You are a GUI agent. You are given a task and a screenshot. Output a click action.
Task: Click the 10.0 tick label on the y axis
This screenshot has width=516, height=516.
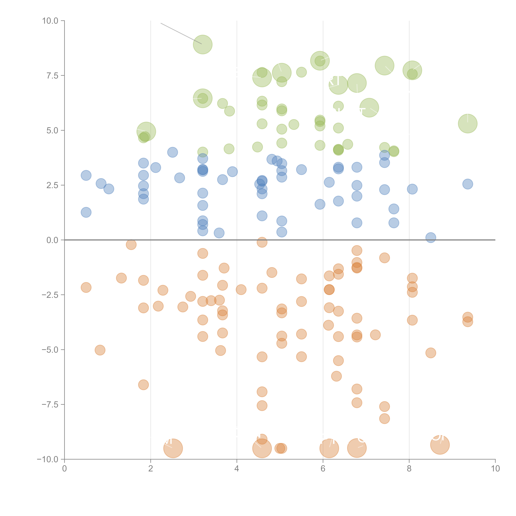coord(50,21)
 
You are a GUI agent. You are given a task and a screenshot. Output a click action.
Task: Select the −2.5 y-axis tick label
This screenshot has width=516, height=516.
coord(50,295)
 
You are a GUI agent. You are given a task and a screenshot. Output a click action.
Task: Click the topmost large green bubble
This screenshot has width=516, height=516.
coord(203,44)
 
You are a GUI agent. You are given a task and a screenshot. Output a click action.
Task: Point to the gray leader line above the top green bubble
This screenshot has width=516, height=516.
coord(181,33)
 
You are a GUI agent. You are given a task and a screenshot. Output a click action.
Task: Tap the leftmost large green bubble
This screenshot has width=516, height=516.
coord(146,131)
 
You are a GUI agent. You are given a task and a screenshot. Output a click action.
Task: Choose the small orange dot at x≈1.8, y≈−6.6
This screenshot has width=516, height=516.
coord(143,385)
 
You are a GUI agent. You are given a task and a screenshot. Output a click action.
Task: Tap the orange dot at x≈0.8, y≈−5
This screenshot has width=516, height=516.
coord(100,350)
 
